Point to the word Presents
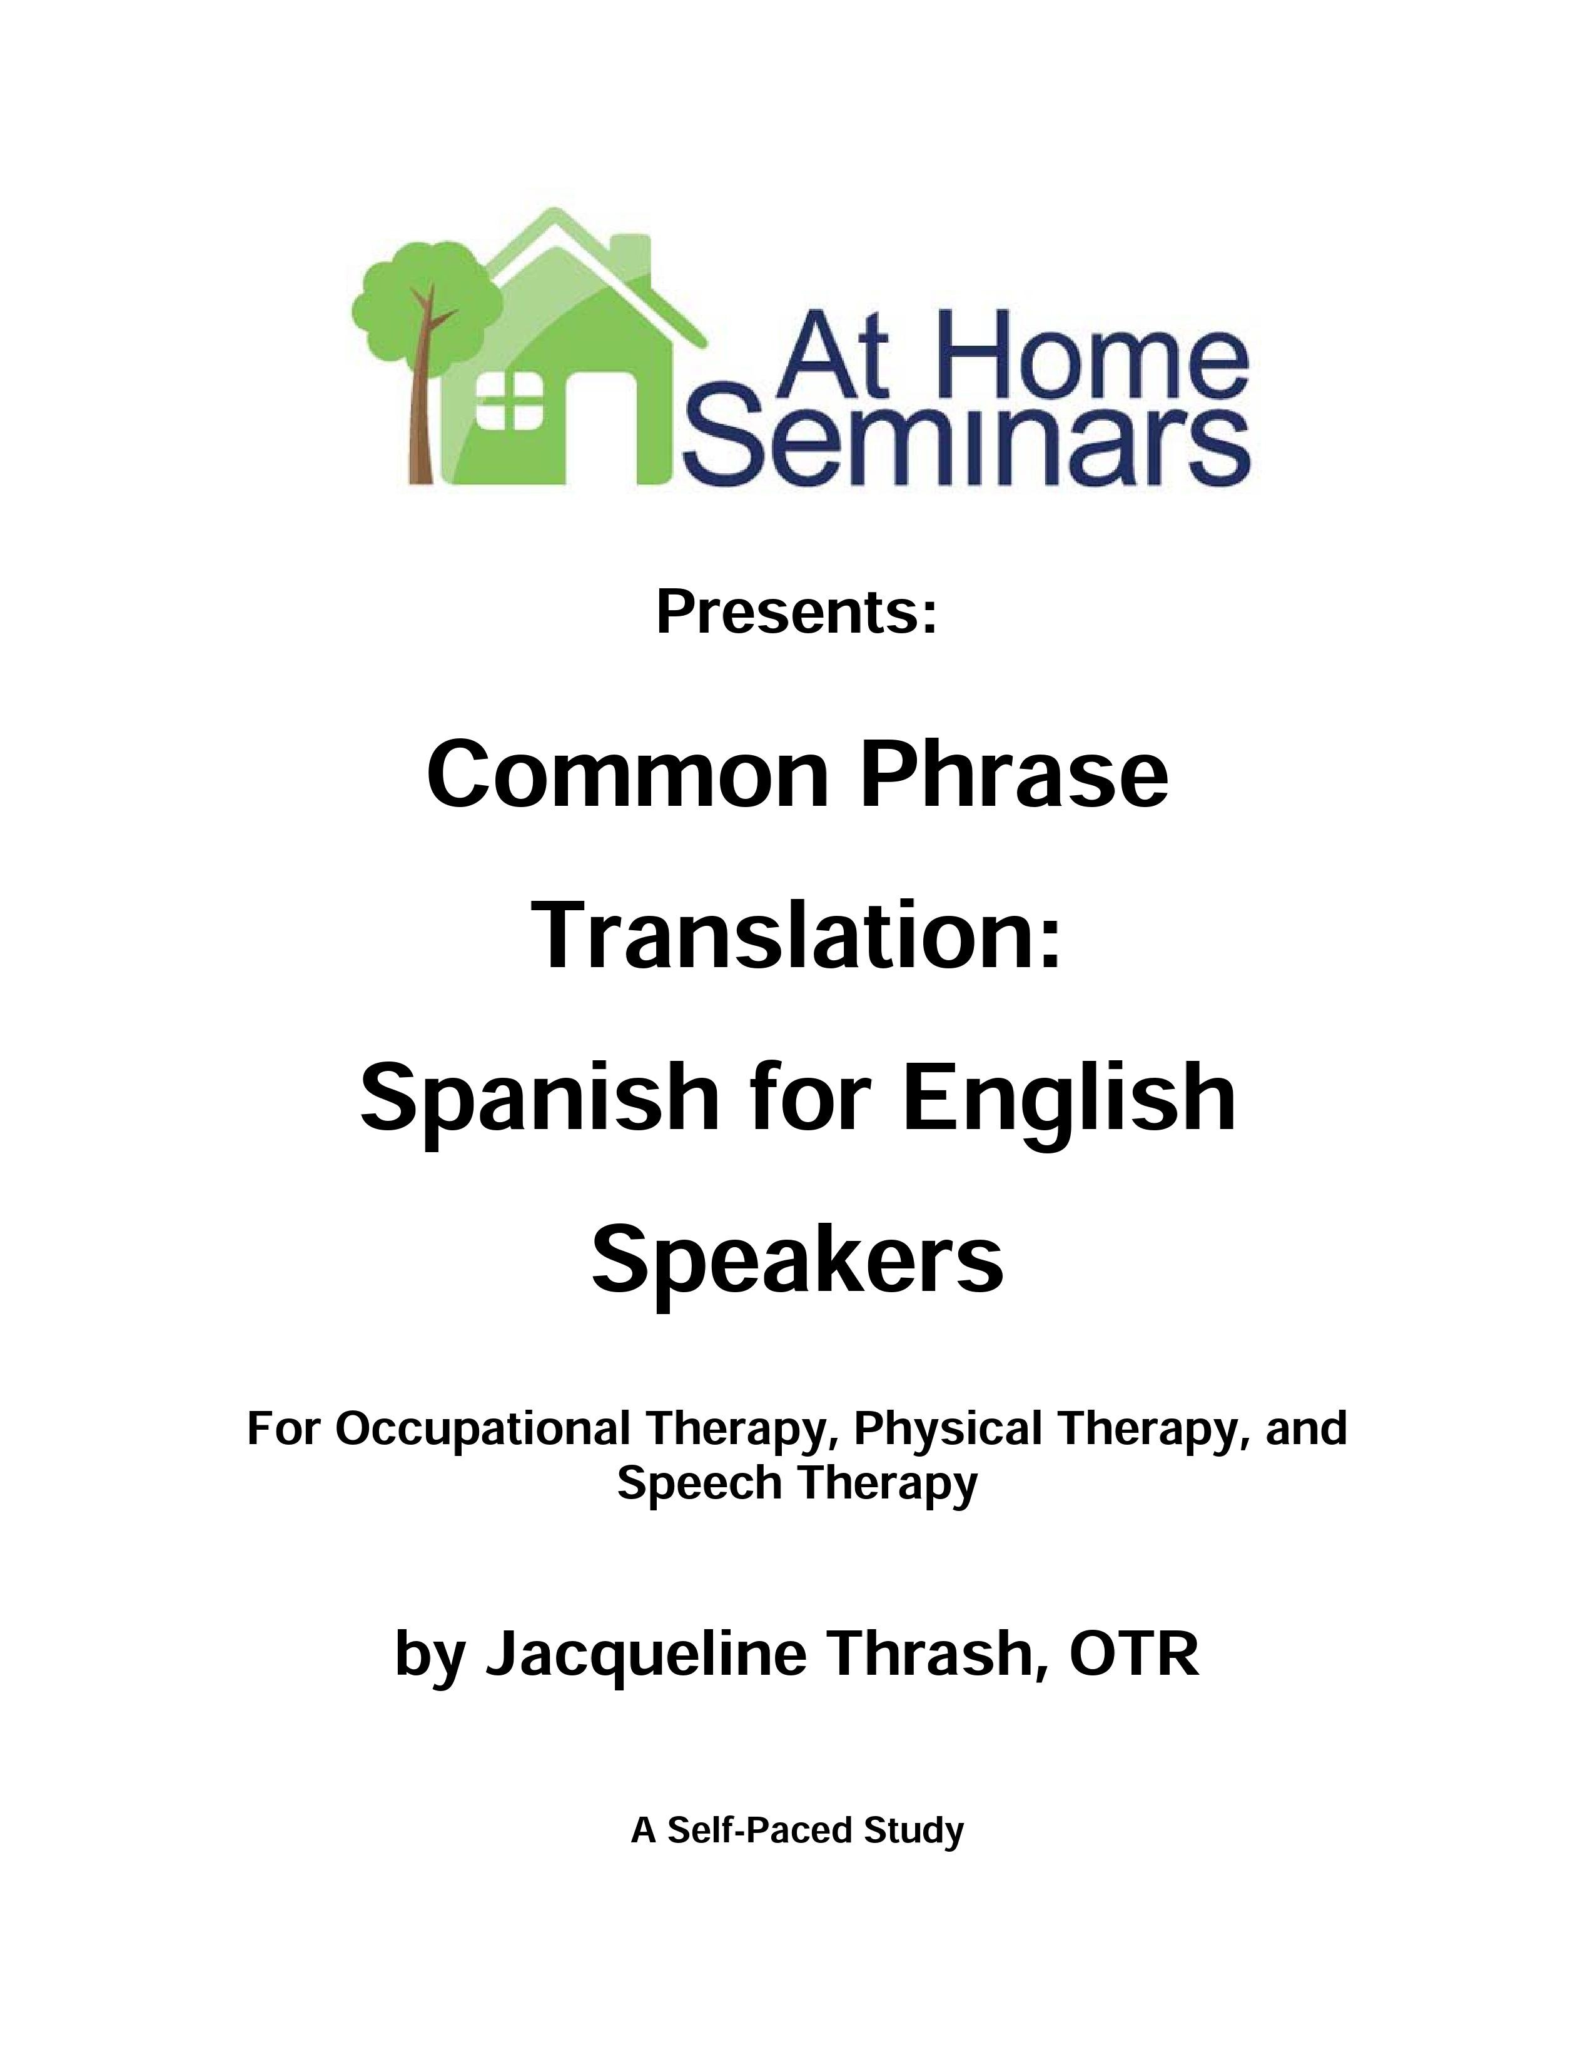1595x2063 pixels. pyautogui.click(x=796, y=612)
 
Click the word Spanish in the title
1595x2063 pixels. pyautogui.click(x=539, y=1098)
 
